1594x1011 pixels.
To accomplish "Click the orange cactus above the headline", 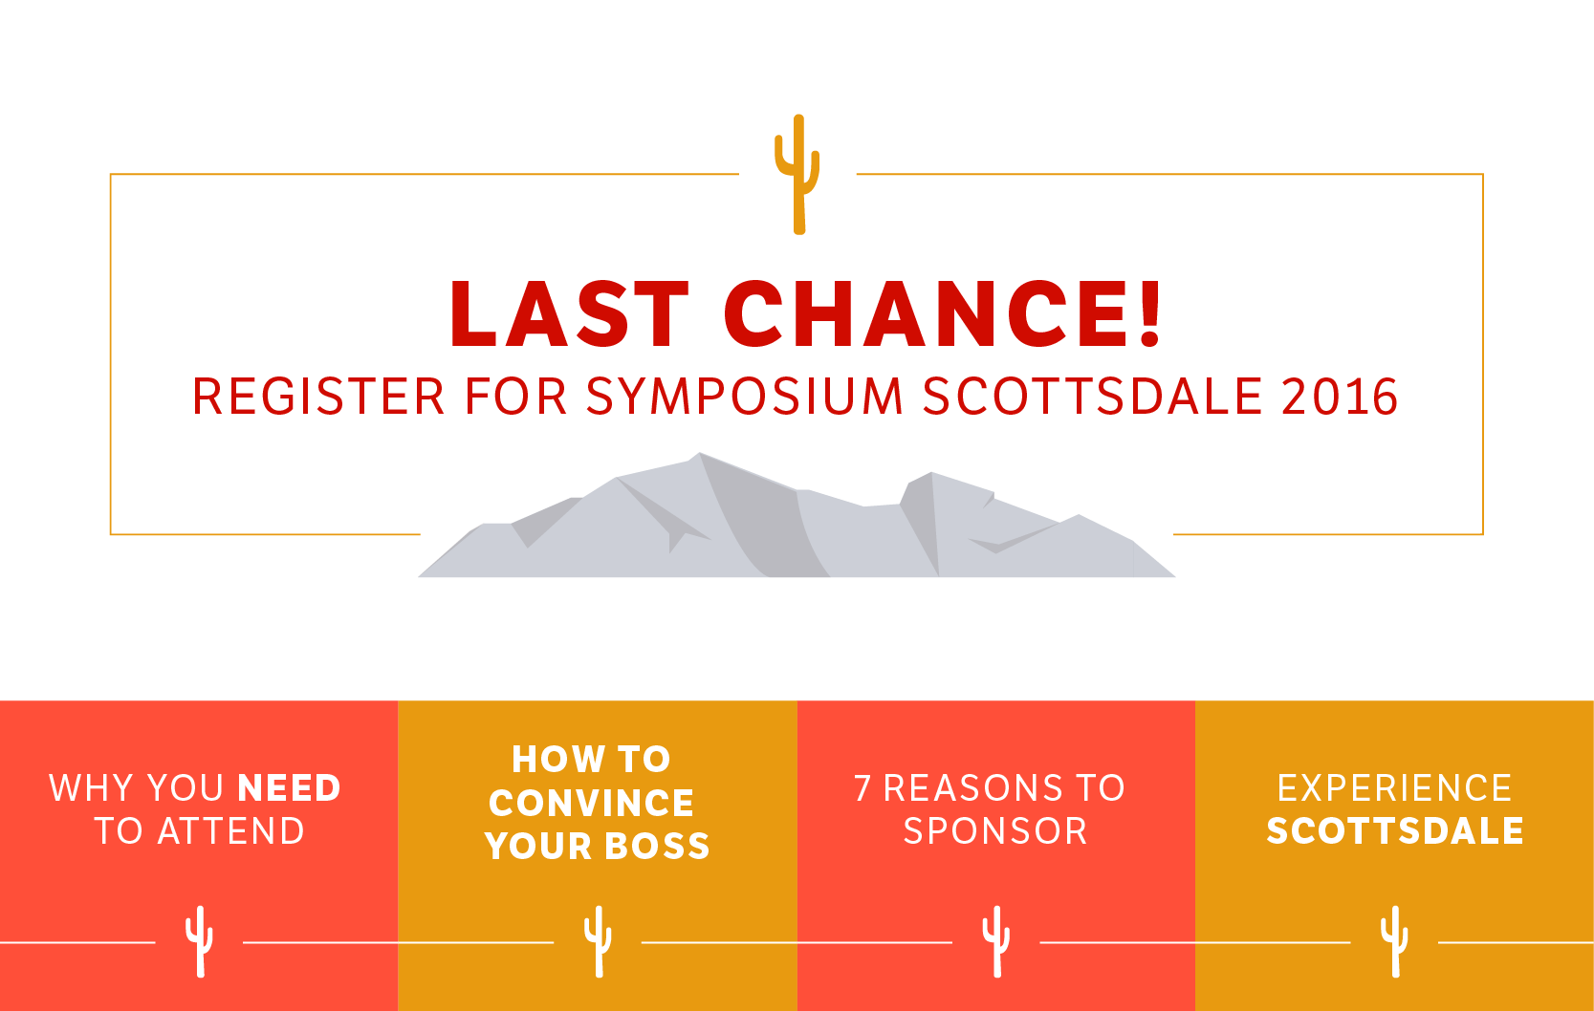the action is tap(798, 174).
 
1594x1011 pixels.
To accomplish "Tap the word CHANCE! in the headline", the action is tap(942, 313).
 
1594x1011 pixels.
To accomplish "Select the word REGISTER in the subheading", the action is tap(318, 396).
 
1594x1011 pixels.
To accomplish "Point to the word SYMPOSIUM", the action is tap(744, 396).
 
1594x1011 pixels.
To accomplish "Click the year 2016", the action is tap(1340, 396).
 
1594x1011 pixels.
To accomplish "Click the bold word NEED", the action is tap(289, 787).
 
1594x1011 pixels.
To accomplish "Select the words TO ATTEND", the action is tap(199, 831).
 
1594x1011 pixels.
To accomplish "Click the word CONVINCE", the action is tap(591, 804).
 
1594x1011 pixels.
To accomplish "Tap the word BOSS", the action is tap(657, 846).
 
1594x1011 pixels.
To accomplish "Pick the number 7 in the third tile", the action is tap(863, 787).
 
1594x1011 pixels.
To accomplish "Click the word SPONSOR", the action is tap(995, 831).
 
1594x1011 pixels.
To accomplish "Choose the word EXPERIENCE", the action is tap(1394, 787).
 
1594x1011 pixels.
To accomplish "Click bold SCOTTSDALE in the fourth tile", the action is tap(1395, 831).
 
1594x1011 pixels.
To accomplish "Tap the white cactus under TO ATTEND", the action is tap(199, 941).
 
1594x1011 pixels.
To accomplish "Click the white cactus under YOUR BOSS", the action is tap(598, 941).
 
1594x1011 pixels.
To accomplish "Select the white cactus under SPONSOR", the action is tap(996, 941).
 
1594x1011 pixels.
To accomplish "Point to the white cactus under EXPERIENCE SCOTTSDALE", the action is tap(1395, 941).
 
